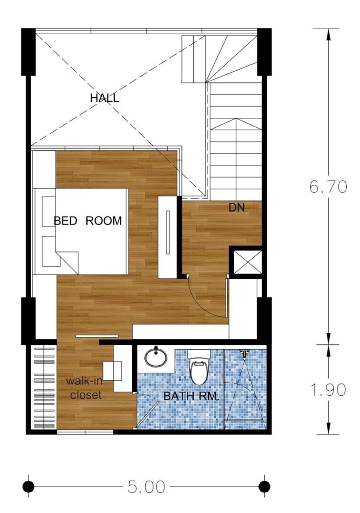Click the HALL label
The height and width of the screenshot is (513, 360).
coord(104,98)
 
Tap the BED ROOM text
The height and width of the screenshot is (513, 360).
coord(87,221)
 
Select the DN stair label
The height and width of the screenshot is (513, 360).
coord(237,207)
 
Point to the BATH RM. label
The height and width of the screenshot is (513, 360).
coord(191,396)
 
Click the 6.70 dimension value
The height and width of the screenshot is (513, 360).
coord(328,187)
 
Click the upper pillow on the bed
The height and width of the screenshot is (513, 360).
coord(49,212)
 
